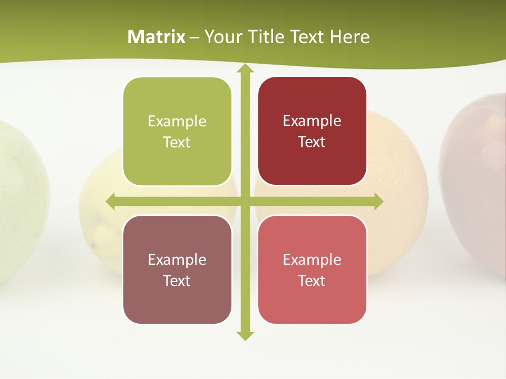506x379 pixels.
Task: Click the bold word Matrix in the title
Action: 157,37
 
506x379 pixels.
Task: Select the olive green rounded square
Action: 177,132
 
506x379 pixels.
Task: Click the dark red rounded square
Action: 312,131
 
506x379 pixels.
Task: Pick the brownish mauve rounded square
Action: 177,270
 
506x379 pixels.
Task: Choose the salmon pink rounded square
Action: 312,270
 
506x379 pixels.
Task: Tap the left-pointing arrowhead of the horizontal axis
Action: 111,202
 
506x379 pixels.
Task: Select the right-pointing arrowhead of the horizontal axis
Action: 378,202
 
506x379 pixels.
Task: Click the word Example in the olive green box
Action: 177,122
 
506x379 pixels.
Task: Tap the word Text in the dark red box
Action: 312,142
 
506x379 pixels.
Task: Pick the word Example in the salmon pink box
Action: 312,260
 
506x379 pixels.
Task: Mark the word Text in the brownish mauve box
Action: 177,281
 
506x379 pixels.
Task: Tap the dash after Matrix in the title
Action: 194,37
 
